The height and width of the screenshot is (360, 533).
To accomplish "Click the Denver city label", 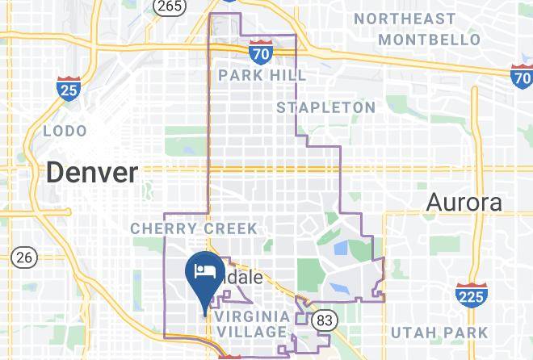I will tap(92, 172).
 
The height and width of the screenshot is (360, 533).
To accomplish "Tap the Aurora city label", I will tap(464, 202).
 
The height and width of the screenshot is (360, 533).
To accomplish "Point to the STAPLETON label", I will tap(325, 107).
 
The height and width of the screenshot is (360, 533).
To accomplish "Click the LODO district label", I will tap(65, 130).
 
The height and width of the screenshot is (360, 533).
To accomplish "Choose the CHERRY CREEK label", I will tap(194, 228).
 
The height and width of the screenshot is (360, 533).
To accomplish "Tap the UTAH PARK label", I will tap(439, 332).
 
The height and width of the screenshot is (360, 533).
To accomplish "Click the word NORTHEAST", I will tap(416, 18).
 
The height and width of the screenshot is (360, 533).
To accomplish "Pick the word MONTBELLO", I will tap(429, 39).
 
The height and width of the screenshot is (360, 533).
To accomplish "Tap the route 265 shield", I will tap(170, 6).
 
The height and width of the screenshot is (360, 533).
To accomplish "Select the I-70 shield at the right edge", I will tap(522, 77).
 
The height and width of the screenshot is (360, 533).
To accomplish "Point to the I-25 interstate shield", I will tap(69, 89).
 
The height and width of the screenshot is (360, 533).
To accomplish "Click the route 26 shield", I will tap(24, 257).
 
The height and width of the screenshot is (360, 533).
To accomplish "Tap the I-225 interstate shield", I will tap(470, 295).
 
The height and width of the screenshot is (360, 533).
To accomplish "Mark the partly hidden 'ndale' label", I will tap(244, 276).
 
